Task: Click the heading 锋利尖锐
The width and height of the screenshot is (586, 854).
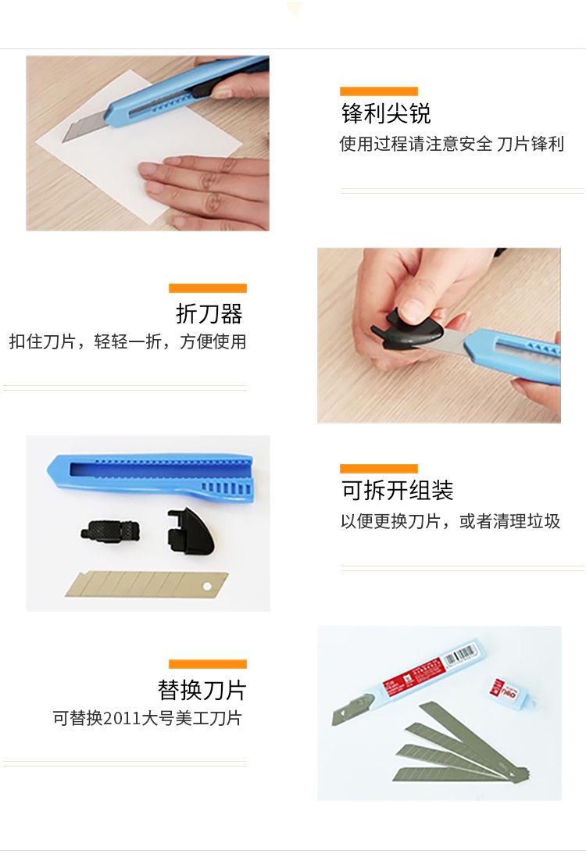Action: (386, 113)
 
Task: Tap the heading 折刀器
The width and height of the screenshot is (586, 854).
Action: (209, 313)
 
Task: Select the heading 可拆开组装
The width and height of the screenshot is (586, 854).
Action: (398, 490)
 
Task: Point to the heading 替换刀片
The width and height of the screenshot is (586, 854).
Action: (202, 690)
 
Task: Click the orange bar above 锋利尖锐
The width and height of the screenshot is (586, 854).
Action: (378, 91)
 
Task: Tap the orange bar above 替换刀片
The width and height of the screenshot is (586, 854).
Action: (208, 664)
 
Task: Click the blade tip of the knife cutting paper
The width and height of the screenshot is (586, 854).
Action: (62, 142)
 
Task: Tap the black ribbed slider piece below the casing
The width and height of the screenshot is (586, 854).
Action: (110, 531)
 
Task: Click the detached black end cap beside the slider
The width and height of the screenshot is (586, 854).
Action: (190, 531)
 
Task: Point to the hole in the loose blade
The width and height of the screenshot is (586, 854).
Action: (207, 586)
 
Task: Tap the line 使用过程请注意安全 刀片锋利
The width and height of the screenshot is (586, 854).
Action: (452, 144)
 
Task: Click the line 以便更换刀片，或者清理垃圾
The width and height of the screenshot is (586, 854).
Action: (450, 521)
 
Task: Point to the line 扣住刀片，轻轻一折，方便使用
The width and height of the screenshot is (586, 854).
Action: (127, 341)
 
